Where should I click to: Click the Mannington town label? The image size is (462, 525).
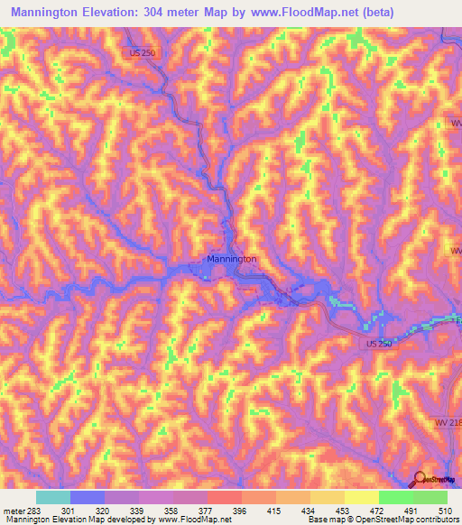tap(232, 259)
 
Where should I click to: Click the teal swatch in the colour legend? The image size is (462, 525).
tap(53, 497)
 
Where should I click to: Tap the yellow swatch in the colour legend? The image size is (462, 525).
tap(361, 497)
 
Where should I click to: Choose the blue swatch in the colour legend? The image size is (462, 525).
tap(88, 497)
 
